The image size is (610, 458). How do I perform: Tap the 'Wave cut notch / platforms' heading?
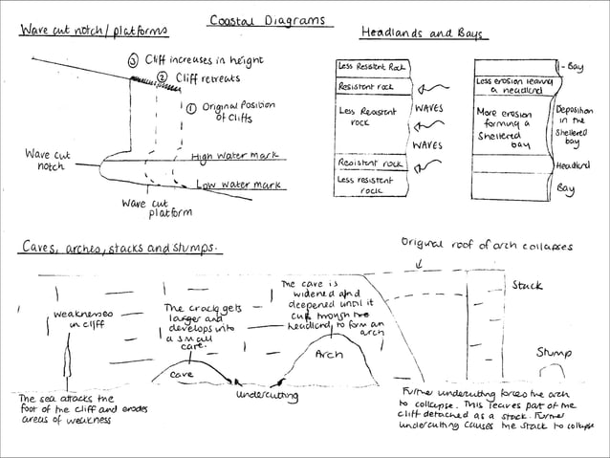[x=94, y=32]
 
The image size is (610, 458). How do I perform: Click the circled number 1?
[x=191, y=108]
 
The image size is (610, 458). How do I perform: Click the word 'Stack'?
[x=527, y=285]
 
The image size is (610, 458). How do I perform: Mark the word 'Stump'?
[x=554, y=352]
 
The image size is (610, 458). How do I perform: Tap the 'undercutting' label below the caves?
[x=267, y=395]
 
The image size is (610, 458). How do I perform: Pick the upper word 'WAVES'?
[x=427, y=109]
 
